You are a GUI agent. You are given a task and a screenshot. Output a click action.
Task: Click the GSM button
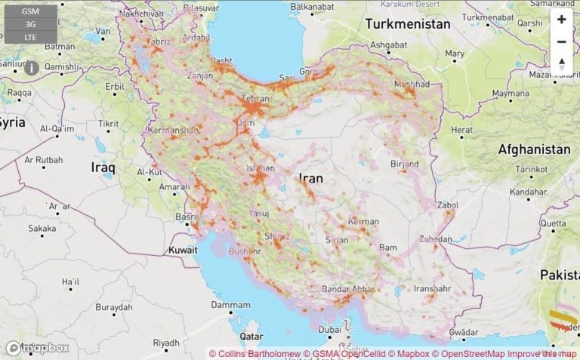[31, 12]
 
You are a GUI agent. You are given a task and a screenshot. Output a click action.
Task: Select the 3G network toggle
[31, 24]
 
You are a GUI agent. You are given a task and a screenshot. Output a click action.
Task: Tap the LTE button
[31, 36]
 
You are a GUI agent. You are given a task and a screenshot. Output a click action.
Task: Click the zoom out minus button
[561, 42]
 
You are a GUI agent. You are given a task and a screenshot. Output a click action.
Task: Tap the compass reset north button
[561, 64]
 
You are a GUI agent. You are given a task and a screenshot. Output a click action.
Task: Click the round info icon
[32, 68]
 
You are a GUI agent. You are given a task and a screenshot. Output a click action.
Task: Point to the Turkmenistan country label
[408, 24]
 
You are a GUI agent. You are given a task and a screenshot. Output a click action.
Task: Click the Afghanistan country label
[534, 149]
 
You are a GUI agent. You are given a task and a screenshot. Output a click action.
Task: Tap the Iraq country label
[103, 166]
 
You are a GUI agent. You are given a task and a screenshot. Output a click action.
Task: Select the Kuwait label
[183, 249]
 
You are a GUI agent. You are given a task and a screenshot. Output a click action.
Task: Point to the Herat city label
[461, 130]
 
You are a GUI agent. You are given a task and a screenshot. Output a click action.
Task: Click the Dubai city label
[329, 330]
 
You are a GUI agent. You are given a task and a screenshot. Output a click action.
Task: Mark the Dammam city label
[230, 305]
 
